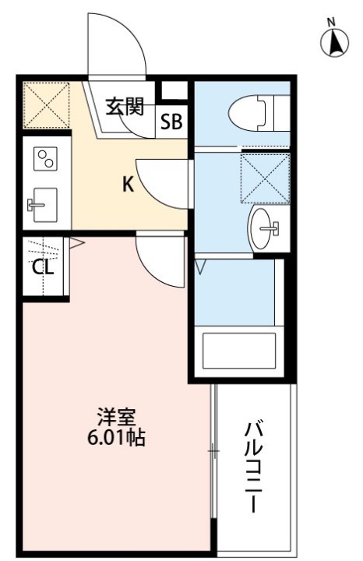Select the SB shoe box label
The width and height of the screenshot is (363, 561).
tap(171, 122)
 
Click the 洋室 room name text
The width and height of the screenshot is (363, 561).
tap(114, 417)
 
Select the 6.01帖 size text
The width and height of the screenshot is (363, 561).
tap(115, 438)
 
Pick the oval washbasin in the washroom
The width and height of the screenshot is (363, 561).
tap(266, 228)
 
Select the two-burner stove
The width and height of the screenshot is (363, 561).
tap(44, 159)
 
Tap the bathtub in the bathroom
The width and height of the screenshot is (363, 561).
tap(240, 352)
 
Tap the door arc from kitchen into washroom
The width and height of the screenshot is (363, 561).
tap(161, 182)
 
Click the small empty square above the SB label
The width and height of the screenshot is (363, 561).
tap(172, 90)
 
